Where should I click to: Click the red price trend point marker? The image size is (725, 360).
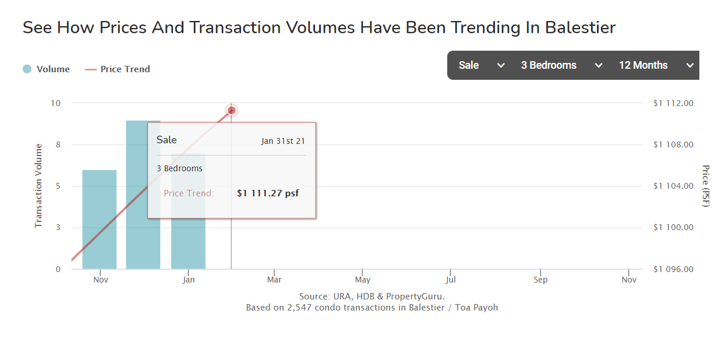(231, 111)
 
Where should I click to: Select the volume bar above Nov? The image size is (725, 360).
(100, 219)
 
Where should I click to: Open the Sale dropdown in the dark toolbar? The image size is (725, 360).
(481, 65)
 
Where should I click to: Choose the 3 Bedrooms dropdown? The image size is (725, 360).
(561, 65)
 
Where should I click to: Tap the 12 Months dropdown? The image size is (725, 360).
(656, 65)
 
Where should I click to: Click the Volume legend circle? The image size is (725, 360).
(27, 69)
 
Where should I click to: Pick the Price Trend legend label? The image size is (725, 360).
(125, 69)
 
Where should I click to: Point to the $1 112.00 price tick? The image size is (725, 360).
(673, 103)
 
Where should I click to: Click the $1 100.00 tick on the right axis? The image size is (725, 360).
(673, 227)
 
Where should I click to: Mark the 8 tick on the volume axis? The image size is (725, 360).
(58, 144)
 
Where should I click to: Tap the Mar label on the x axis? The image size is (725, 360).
(274, 280)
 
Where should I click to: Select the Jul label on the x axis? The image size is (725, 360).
(450, 280)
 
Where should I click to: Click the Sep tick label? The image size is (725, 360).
(540, 280)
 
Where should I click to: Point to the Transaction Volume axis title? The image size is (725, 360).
(38, 186)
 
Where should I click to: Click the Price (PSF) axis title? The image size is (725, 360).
(706, 186)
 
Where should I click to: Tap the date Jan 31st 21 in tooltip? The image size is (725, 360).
(283, 141)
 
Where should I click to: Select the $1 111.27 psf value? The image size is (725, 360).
(268, 193)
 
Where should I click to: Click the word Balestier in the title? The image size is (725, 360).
(581, 27)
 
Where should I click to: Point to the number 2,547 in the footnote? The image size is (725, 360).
(299, 308)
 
